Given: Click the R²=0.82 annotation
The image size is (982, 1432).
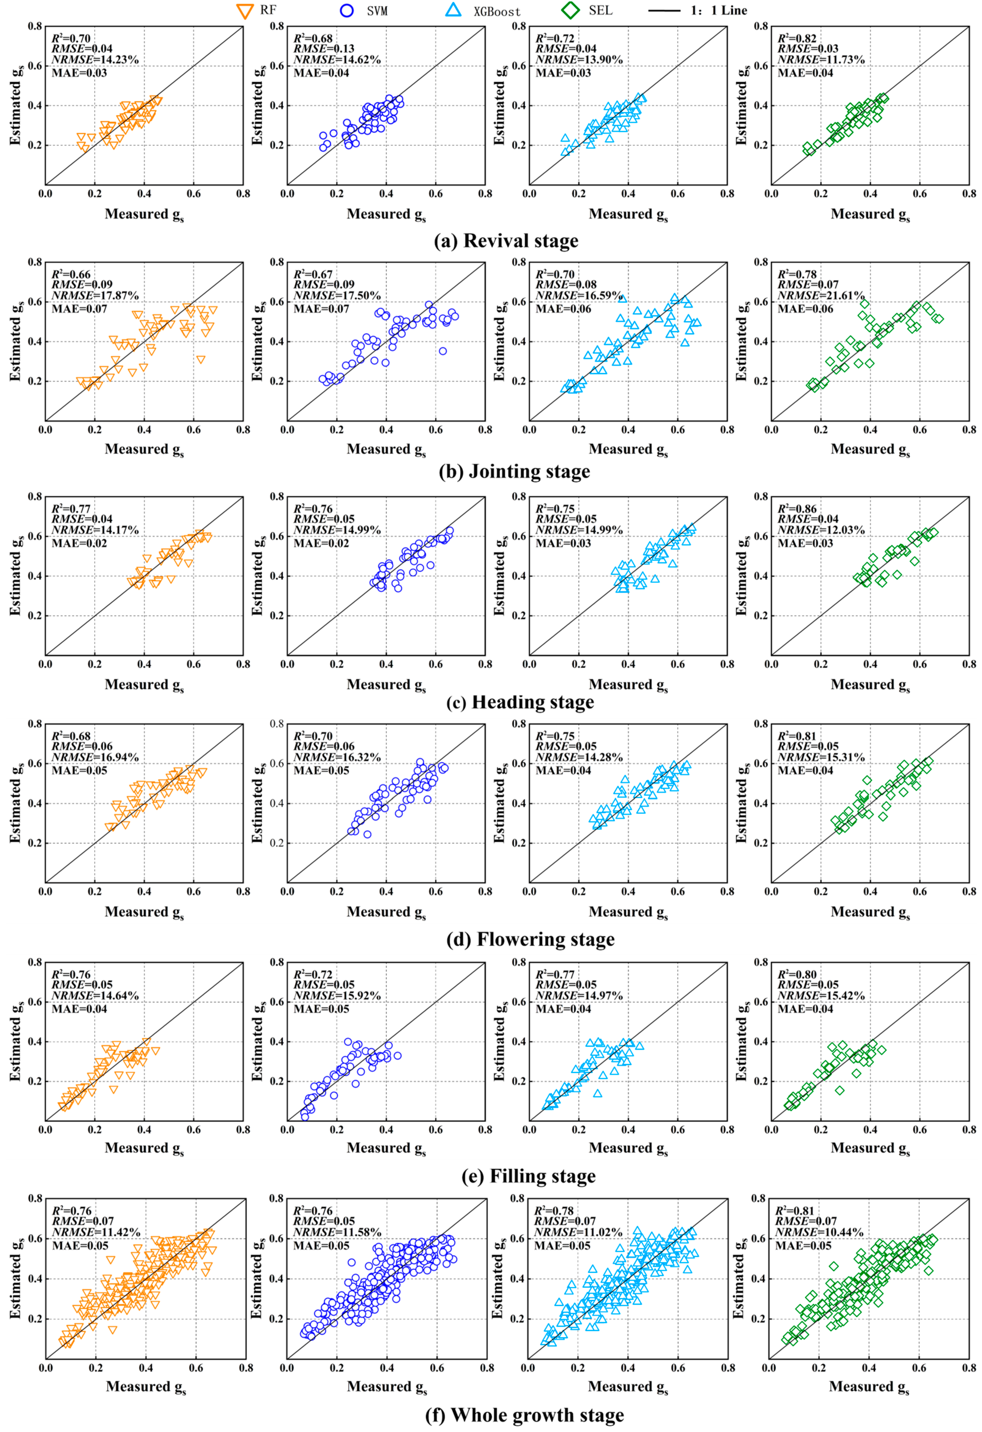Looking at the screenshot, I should [796, 38].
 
